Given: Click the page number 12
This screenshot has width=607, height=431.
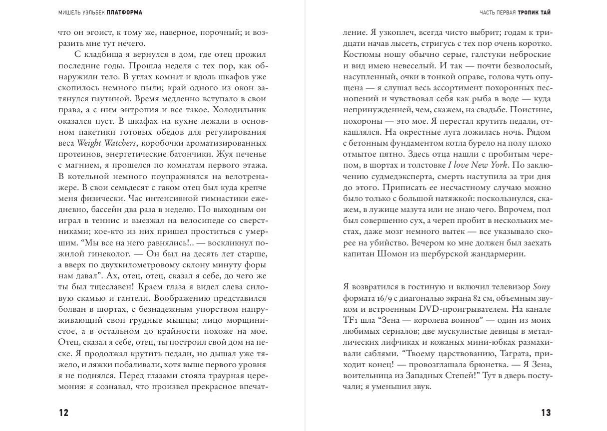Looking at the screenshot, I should [63, 413].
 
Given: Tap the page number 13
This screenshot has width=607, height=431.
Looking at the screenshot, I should [546, 413].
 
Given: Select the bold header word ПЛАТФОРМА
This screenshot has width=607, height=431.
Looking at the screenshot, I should [124, 13].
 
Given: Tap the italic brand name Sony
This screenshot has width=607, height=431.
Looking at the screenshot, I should [542, 287].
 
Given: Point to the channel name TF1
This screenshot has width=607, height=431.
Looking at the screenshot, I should [351, 320].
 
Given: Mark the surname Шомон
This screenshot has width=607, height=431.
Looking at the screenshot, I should [391, 254].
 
